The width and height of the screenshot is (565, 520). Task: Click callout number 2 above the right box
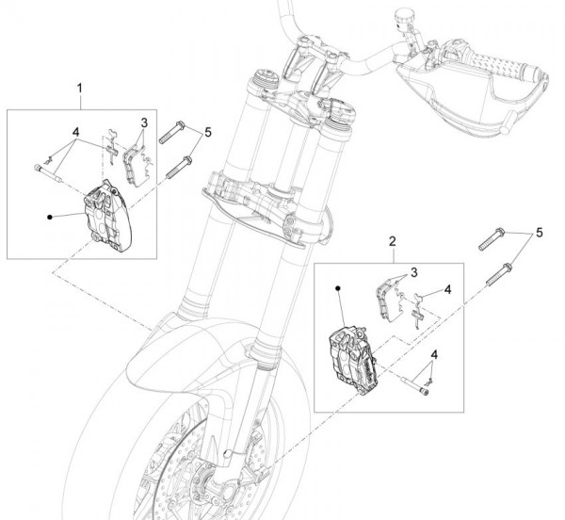[392, 241]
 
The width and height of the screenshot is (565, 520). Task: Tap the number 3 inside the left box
[144, 122]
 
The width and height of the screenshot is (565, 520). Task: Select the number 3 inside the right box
[412, 272]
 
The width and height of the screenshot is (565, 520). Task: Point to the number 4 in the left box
[76, 131]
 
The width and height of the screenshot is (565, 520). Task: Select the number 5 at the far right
[539, 232]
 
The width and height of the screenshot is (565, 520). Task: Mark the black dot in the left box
[48, 217]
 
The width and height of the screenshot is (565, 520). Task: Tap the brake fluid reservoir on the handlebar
[407, 18]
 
